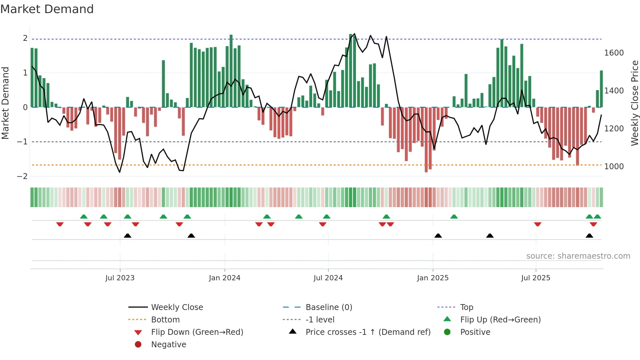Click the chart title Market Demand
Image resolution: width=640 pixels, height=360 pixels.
(x=47, y=9)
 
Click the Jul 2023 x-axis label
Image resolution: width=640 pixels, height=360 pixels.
(x=120, y=278)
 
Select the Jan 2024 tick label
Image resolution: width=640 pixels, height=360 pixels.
(x=225, y=278)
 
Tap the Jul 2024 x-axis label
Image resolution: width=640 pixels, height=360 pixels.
(x=328, y=278)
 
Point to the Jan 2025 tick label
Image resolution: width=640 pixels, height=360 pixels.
(x=433, y=278)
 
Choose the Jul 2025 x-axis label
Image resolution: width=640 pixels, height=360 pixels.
(x=536, y=278)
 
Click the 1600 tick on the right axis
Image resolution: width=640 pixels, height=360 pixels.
(x=614, y=53)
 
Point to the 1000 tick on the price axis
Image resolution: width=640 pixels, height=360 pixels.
(x=614, y=167)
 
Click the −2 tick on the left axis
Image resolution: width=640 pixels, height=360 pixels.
(x=22, y=176)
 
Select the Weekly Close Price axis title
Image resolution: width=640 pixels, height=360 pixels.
(x=634, y=103)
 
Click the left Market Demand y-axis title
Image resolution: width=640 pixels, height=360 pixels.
(x=5, y=103)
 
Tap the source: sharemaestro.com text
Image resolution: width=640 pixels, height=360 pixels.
(x=578, y=256)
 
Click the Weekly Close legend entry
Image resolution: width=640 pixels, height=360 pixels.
(x=177, y=307)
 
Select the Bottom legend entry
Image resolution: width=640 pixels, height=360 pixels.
(x=165, y=320)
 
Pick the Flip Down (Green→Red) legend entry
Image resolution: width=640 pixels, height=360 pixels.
(x=197, y=332)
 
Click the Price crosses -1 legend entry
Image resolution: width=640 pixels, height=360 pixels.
(x=368, y=332)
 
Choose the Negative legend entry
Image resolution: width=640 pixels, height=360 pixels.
(x=168, y=345)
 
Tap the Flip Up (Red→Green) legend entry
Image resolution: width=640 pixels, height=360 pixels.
(x=500, y=320)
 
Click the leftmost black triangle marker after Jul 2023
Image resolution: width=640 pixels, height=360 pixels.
(x=128, y=236)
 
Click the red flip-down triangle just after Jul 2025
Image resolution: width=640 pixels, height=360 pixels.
(x=538, y=224)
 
